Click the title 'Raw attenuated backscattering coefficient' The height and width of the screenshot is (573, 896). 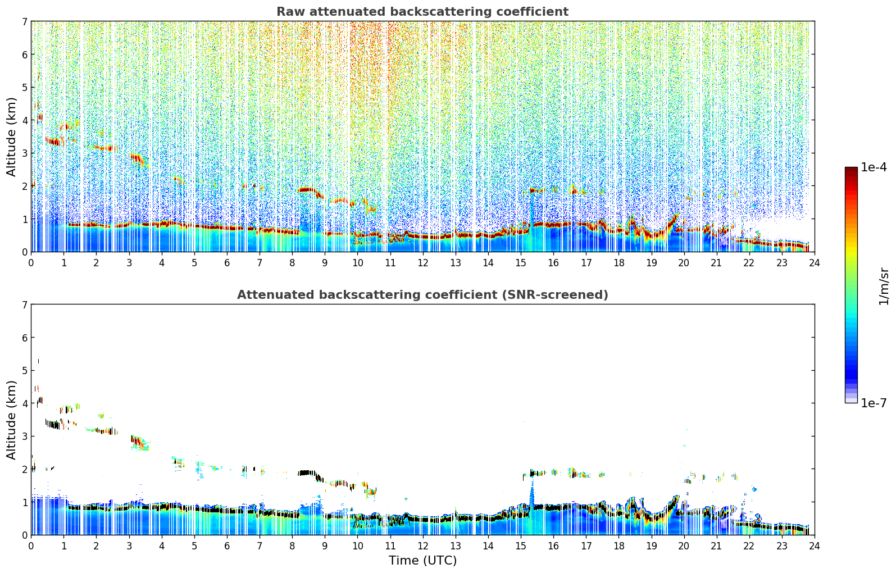[x=422, y=12]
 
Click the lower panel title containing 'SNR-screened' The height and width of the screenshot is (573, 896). [x=422, y=295]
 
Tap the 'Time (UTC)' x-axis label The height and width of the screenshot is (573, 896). [x=422, y=561]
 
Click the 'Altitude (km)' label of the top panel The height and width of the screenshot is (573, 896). [x=12, y=137]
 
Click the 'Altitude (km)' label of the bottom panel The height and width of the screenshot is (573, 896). [x=12, y=420]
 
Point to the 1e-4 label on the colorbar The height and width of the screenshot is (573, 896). [x=874, y=167]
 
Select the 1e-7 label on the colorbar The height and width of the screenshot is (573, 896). [x=874, y=403]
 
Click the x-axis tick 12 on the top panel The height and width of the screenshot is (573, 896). [x=422, y=262]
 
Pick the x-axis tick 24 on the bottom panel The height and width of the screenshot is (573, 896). [x=814, y=545]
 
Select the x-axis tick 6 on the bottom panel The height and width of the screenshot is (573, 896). [x=227, y=545]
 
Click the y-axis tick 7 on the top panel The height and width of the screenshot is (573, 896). [x=24, y=21]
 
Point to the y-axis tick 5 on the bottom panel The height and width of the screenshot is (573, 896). [x=24, y=370]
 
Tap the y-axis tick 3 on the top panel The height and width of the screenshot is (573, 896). [x=24, y=153]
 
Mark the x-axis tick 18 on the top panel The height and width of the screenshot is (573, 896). [x=618, y=262]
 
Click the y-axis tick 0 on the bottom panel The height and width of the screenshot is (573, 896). [x=24, y=535]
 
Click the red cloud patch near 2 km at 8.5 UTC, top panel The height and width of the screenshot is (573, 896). [x=307, y=190]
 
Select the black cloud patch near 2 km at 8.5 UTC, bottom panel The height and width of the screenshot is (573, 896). [x=307, y=473]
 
